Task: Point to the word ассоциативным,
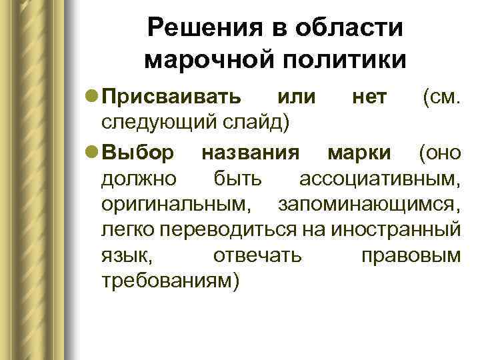[x=379, y=179]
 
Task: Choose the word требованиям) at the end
[x=169, y=280]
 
